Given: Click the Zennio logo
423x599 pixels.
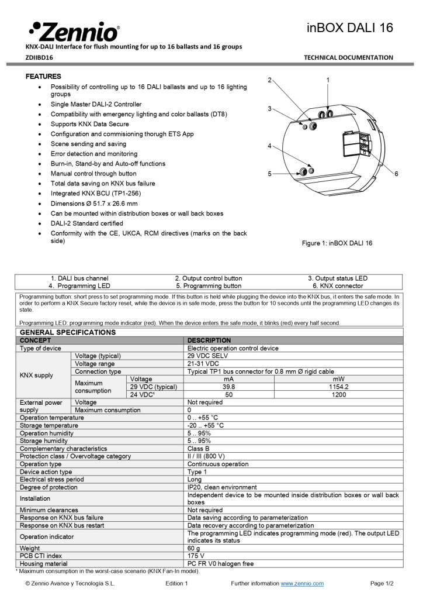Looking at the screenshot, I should pyautogui.click(x=73, y=30).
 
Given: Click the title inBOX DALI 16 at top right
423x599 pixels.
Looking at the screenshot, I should pyautogui.click(x=350, y=27).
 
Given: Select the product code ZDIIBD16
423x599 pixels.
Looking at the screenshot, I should pyautogui.click(x=39, y=57).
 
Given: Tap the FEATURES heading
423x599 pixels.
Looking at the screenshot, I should pyautogui.click(x=43, y=77).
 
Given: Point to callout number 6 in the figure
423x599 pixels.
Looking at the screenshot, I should pyautogui.click(x=396, y=174).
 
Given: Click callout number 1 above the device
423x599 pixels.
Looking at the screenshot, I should pyautogui.click(x=328, y=80).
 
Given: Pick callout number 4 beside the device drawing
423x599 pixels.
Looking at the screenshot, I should pyautogui.click(x=269, y=146).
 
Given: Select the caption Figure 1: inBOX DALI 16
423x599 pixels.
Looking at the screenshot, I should pyautogui.click(x=337, y=243).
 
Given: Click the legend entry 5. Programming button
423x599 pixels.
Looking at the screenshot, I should pyautogui.click(x=208, y=286).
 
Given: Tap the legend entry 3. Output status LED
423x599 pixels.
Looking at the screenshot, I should pyautogui.click(x=338, y=278).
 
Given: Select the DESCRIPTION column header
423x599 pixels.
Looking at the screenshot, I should pyautogui.click(x=209, y=340).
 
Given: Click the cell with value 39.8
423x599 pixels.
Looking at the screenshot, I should pyautogui.click(x=228, y=387).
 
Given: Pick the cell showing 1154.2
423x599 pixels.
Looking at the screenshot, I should pyautogui.click(x=338, y=387).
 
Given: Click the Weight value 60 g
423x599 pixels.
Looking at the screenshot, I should pyautogui.click(x=194, y=548).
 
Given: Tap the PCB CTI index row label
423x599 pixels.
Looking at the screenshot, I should pyautogui.click(x=41, y=556).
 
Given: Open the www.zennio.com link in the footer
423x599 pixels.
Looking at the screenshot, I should pyautogui.click(x=302, y=583).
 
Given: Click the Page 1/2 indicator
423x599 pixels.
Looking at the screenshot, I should pyautogui.click(x=382, y=583).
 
